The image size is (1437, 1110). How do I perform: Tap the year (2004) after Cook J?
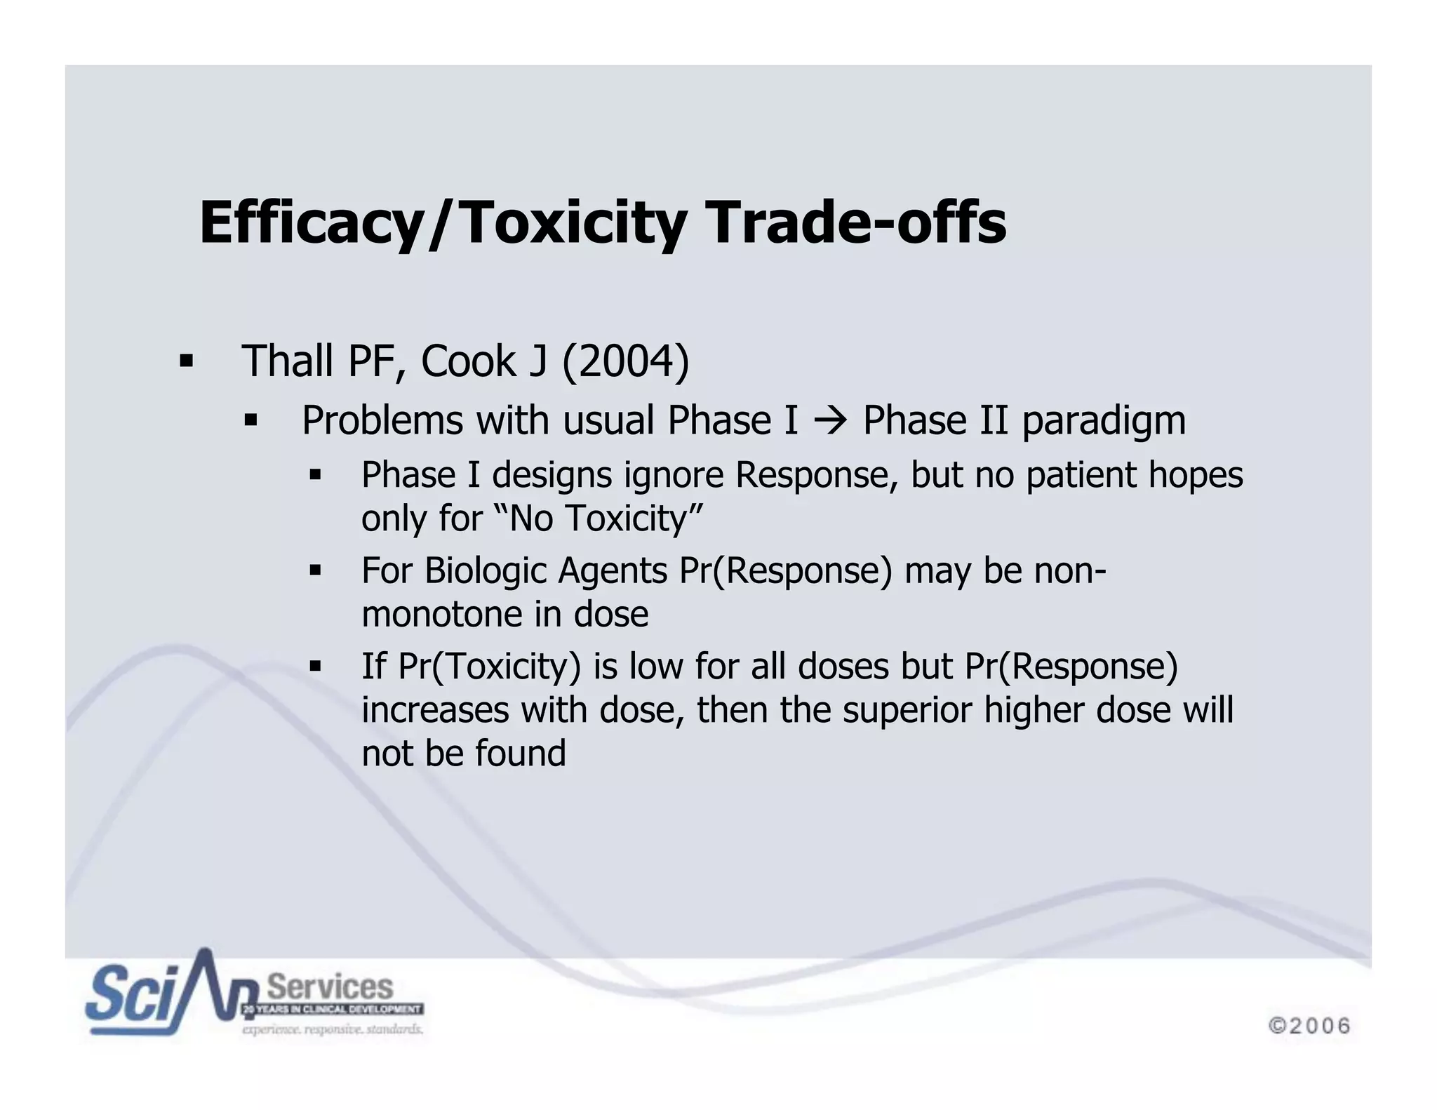625,361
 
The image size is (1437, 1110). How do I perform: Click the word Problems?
382,421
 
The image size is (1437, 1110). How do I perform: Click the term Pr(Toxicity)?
489,666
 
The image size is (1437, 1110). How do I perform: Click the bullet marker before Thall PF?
186,362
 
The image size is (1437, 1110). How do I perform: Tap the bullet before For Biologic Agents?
315,571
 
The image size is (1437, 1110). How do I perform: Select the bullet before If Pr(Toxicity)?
315,667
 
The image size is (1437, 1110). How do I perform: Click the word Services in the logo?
330,987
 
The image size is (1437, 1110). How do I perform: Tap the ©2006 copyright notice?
1309,1026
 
